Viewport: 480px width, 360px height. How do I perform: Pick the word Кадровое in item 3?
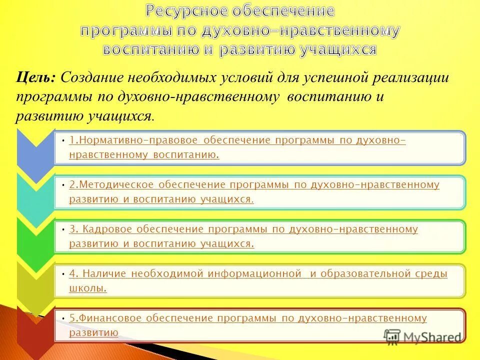point(103,229)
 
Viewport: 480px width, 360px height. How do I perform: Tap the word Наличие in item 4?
point(103,273)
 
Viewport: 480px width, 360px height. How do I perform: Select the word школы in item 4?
point(87,288)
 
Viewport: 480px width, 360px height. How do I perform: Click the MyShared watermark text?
point(433,337)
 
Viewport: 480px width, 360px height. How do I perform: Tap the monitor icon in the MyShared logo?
point(392,337)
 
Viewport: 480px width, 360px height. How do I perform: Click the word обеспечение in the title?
point(284,11)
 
